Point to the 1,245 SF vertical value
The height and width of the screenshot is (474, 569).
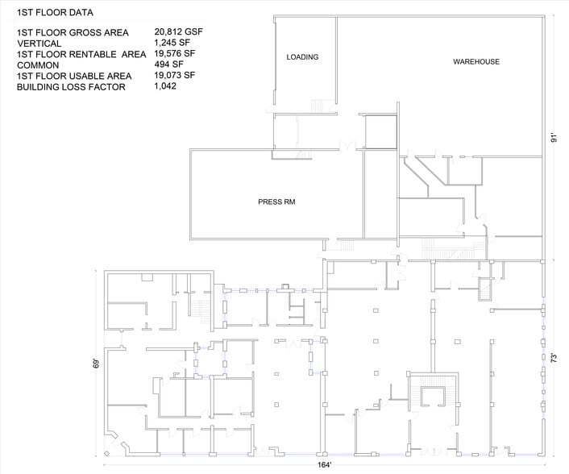tap(174, 44)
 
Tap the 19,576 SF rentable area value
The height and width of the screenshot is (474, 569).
tap(177, 54)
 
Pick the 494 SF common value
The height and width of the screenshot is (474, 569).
tap(168, 64)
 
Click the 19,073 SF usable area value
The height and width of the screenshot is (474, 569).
tap(176, 76)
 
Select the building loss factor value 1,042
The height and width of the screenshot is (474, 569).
tap(167, 86)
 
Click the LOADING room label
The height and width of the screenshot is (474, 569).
tap(302, 57)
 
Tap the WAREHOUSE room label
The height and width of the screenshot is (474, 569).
tap(476, 62)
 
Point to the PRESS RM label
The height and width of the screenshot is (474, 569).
tap(276, 202)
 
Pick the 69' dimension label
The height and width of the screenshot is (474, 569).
tap(96, 362)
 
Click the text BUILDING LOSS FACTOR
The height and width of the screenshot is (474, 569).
tap(71, 86)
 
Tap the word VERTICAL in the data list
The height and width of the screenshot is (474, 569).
tap(38, 44)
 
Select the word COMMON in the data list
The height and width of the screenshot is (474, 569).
tap(37, 64)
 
